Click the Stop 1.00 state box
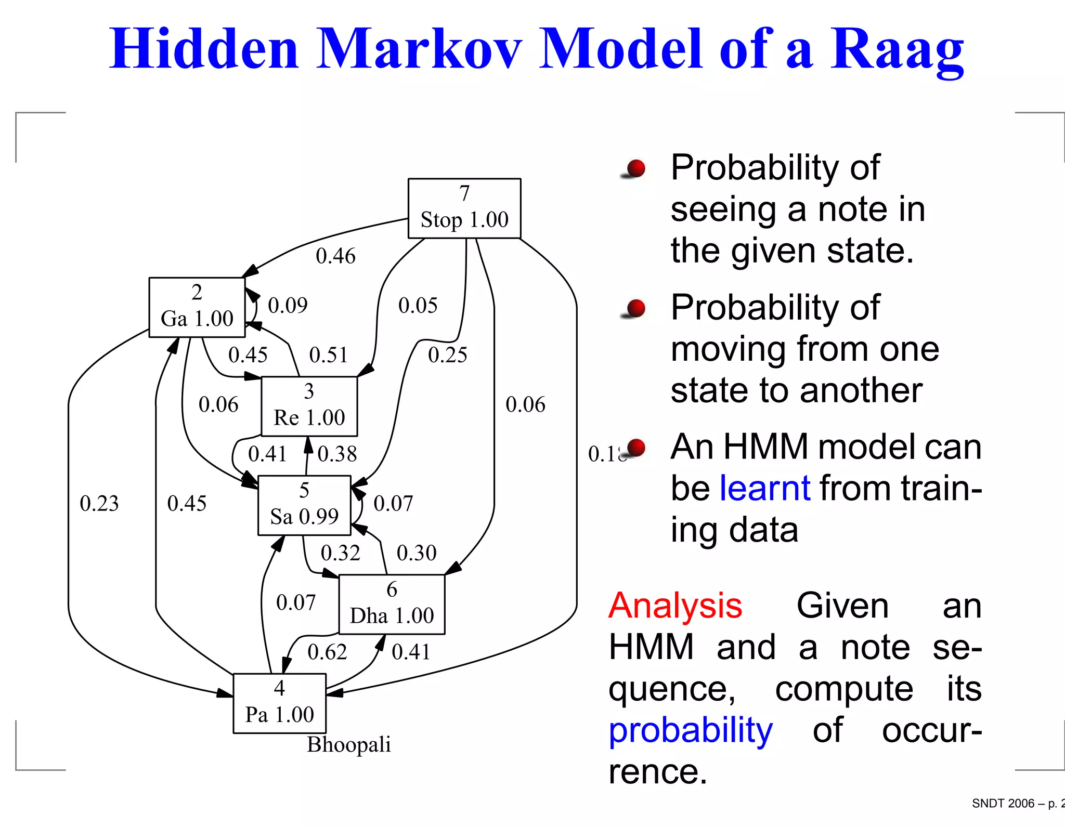click(x=464, y=208)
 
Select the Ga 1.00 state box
click(x=197, y=307)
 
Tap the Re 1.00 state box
click(x=309, y=406)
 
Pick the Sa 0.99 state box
click(x=304, y=505)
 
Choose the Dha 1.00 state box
click(x=392, y=604)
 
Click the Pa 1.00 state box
click(x=279, y=703)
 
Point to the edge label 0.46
click(x=335, y=256)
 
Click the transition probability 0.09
click(x=288, y=305)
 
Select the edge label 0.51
click(x=328, y=355)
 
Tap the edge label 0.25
click(x=447, y=355)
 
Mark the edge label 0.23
click(x=99, y=503)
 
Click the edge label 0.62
click(x=327, y=652)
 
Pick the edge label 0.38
click(x=337, y=454)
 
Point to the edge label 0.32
click(x=340, y=553)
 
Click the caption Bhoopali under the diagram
click(x=348, y=744)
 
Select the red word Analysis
click(x=675, y=606)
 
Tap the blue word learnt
click(x=764, y=488)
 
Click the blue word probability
click(x=691, y=730)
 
